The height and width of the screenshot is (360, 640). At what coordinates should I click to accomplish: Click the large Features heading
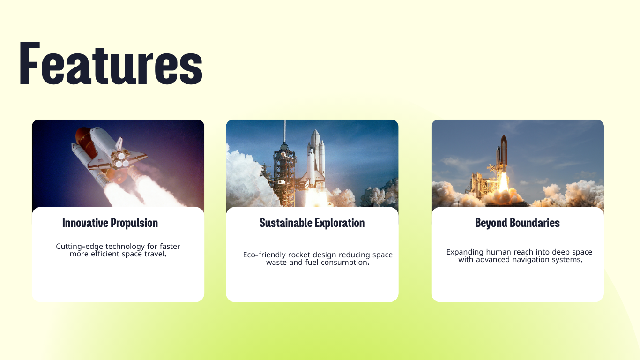(111, 63)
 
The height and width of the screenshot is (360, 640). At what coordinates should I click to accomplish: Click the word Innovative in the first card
(85, 223)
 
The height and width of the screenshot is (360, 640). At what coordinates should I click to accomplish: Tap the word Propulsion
(134, 223)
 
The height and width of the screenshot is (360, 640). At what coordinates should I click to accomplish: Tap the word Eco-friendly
(264, 255)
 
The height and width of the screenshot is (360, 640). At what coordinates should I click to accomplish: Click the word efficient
(105, 254)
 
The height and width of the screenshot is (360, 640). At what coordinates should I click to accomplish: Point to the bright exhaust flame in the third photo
(504, 182)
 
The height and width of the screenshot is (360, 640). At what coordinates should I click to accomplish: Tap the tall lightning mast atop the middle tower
(284, 132)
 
